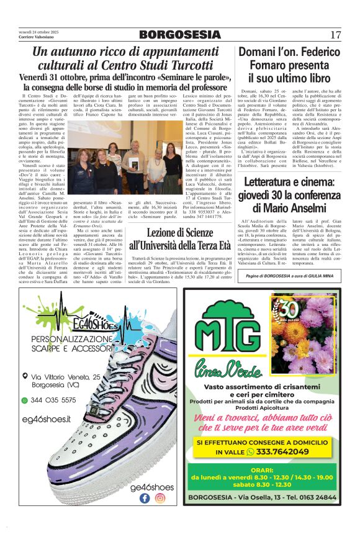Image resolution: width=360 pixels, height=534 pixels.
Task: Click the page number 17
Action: point(336,34)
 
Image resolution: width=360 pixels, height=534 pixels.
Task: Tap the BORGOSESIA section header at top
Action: point(179,34)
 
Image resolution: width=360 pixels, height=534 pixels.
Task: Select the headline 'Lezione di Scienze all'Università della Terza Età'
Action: point(179,239)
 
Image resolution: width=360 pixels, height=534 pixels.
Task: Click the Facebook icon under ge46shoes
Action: point(145,497)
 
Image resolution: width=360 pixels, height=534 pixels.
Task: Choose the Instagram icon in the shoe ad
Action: point(160,497)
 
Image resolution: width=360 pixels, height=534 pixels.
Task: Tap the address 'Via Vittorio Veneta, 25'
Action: point(74,377)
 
